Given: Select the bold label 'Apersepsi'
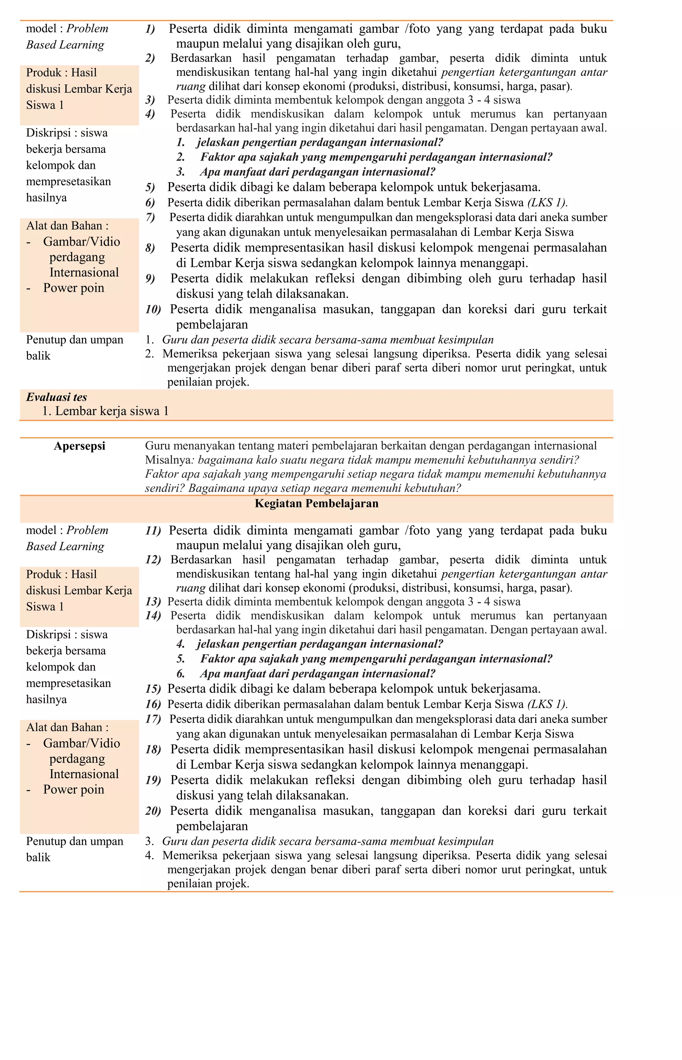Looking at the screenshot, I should coord(79,446).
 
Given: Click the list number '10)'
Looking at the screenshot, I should coord(153,309).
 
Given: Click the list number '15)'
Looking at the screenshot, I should coord(153,689).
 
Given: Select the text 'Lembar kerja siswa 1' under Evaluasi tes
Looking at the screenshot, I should coord(112,411).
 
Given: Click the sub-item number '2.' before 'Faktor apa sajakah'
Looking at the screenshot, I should coord(181,157).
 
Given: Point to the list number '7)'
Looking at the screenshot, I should coord(150,218).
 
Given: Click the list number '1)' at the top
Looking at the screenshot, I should coord(150,29).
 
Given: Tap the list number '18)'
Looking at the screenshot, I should coord(153,750).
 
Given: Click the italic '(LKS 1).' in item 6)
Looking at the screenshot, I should coord(547,203).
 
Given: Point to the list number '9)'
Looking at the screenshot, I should coord(150,278).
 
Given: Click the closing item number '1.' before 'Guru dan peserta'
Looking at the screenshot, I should coord(149,340).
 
